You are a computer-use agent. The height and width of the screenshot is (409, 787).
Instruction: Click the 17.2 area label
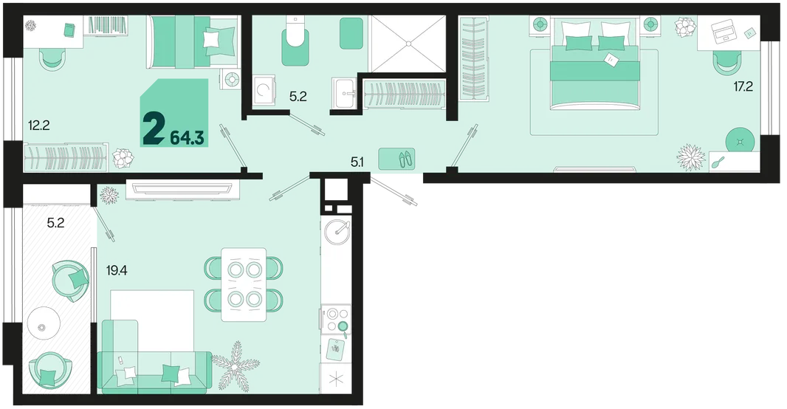click(743, 86)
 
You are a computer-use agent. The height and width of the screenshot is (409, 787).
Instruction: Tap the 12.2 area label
click(38, 125)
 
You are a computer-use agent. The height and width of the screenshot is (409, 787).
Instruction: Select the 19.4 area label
click(117, 271)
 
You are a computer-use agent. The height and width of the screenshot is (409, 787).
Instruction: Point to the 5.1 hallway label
click(357, 162)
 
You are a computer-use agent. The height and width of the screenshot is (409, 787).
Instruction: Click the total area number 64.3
click(187, 137)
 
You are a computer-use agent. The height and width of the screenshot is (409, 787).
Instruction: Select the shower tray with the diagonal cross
click(407, 43)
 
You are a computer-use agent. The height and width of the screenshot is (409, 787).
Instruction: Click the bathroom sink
click(344, 93)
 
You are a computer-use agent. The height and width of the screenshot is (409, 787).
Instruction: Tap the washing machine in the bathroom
click(264, 90)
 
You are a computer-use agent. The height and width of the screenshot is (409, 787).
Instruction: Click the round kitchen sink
click(337, 231)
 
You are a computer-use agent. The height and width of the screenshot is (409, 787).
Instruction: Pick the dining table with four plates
click(244, 284)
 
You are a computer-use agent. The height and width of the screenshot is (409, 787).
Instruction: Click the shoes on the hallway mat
click(405, 159)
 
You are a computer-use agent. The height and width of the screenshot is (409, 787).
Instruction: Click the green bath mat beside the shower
click(351, 33)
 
